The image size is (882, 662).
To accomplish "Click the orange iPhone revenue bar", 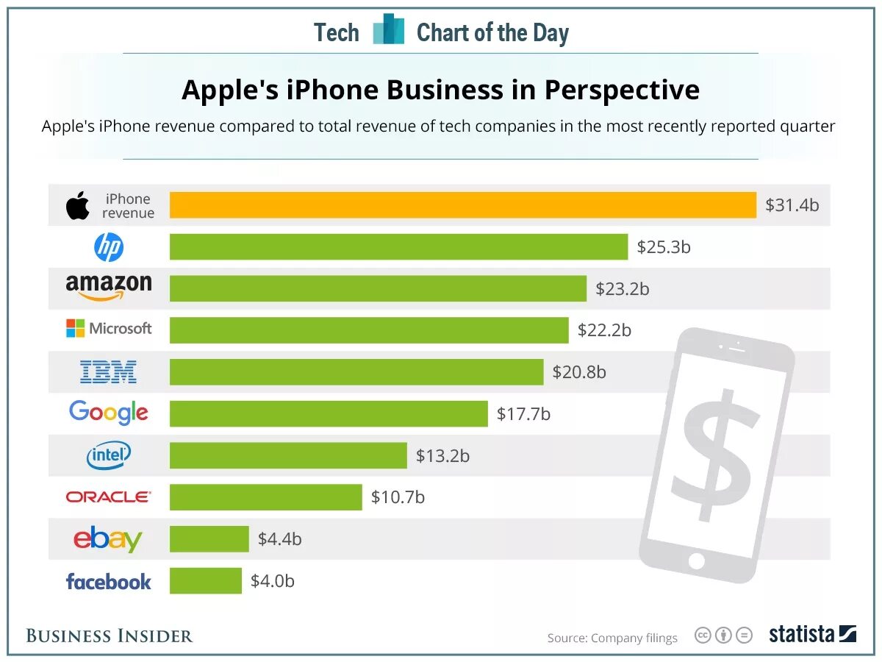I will click(x=463, y=204).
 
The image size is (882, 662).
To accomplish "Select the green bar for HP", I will click(x=398, y=246).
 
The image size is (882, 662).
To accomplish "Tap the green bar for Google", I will click(x=329, y=413).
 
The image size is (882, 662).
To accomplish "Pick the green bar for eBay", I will click(x=209, y=539).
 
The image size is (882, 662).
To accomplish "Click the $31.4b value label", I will click(x=792, y=205).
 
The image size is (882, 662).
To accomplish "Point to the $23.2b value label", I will click(x=623, y=289).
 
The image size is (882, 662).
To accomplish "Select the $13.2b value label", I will click(x=442, y=456).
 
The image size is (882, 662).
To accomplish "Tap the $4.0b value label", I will click(x=273, y=581).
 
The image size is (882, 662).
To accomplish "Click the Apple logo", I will click(x=78, y=205).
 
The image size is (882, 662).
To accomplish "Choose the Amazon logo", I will click(x=109, y=287).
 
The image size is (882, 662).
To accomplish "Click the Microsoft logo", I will click(x=109, y=328).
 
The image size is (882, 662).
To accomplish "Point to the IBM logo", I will click(x=108, y=371).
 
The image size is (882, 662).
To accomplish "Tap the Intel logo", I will click(x=109, y=456).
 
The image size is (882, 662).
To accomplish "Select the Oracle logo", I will click(x=109, y=497).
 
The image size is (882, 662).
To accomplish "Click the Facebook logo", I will click(x=109, y=582).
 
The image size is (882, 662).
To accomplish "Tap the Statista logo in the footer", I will click(x=812, y=634).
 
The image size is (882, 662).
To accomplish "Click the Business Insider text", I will click(x=110, y=636).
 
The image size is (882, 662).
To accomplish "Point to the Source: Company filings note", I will click(x=612, y=638).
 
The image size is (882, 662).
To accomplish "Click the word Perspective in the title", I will click(x=622, y=90).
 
